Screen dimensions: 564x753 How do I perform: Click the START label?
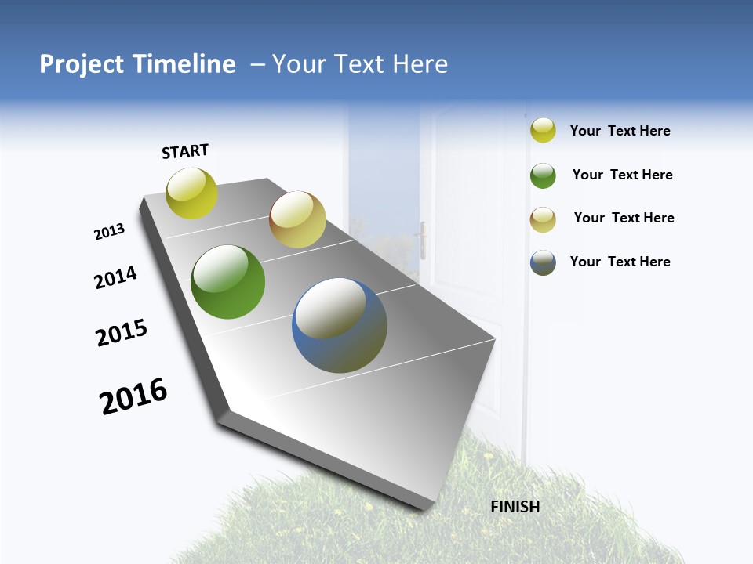(185, 151)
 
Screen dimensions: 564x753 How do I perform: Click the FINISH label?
(515, 507)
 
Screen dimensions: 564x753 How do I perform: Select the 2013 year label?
(109, 232)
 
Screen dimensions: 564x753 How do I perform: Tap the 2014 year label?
(115, 278)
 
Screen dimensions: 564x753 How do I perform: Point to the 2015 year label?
(122, 333)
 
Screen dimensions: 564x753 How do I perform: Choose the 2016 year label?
(133, 396)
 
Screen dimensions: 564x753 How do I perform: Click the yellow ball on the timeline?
(192, 193)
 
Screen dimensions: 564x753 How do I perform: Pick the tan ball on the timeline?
(297, 219)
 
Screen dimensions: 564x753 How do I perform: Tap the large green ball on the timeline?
(228, 282)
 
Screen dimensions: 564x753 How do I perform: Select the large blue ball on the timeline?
(340, 325)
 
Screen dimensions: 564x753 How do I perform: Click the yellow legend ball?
(543, 130)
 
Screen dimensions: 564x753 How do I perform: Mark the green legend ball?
(543, 175)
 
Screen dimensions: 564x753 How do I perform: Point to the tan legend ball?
(543, 219)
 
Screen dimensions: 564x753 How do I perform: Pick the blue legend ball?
(543, 262)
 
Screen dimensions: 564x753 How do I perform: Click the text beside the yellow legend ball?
(620, 132)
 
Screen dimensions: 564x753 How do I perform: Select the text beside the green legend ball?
(622, 175)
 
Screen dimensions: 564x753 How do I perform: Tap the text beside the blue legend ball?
(620, 262)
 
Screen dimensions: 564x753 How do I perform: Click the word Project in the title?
(82, 64)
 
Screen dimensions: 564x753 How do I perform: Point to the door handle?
(423, 239)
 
